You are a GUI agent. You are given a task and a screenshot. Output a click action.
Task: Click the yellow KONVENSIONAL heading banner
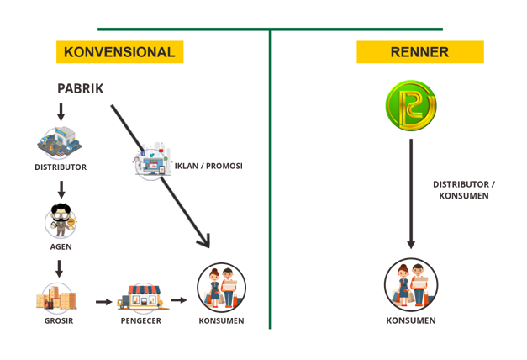pos(119,52)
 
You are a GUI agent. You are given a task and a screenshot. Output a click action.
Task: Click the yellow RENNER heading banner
pos(419,52)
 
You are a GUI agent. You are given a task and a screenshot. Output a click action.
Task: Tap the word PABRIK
pos(81,88)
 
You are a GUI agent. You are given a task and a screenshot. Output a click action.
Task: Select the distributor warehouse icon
pos(60,142)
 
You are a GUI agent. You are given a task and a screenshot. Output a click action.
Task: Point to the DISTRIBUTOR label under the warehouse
pos(61,167)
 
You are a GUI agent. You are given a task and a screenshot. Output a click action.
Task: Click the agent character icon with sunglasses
pos(61,221)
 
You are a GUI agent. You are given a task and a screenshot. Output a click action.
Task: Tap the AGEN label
pos(61,246)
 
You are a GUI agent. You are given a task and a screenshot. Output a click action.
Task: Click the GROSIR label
pos(58,320)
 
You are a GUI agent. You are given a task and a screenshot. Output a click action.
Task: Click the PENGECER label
pos(141,320)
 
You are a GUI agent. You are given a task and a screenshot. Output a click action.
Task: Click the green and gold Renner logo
pos(411,106)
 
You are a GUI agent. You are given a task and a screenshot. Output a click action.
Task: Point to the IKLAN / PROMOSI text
pos(208,166)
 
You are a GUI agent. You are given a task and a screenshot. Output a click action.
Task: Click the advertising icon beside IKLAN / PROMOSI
pos(152,161)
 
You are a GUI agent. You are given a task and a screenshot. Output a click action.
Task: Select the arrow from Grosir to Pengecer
pos(103,301)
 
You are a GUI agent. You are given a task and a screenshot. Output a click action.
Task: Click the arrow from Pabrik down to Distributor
pos(61,112)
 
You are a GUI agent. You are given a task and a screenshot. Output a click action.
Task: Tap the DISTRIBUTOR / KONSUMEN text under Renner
pos(461,189)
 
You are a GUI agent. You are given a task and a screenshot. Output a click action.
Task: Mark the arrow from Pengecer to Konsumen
pos(178,300)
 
